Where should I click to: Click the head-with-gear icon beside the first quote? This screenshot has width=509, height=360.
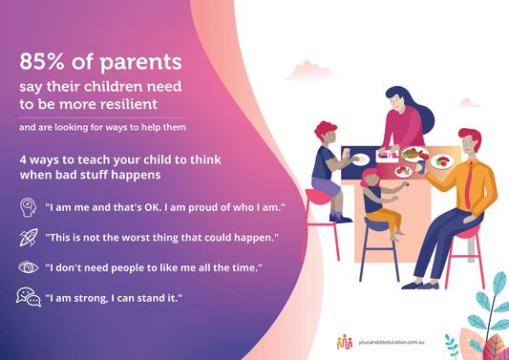click(27, 206)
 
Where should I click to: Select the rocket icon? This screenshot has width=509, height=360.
click(27, 236)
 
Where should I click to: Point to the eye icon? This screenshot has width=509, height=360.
click(27, 266)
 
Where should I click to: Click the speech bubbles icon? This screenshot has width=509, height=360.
click(27, 297)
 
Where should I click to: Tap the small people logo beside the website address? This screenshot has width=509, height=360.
click(345, 339)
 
